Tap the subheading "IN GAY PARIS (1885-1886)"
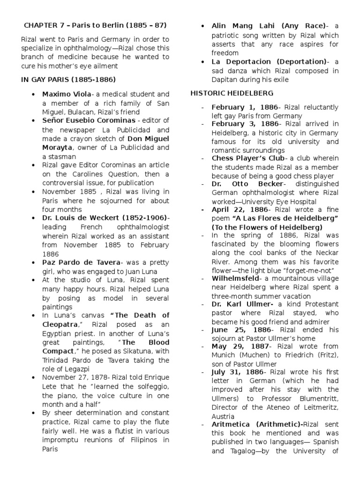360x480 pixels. [68, 79]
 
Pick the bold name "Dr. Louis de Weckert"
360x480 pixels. [92, 218]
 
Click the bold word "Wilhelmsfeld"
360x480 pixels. [235, 278]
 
